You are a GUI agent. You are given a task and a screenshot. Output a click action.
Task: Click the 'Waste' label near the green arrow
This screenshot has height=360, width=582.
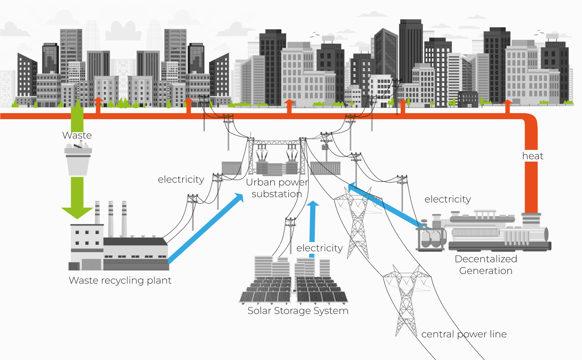coord(77,135)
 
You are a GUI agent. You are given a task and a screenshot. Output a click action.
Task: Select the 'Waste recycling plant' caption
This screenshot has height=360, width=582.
coord(120,280)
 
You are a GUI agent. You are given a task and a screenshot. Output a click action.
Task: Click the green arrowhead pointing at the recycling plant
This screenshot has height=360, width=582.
coord(77,212)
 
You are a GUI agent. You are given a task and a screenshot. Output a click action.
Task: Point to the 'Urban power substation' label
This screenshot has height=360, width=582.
coord(277,188)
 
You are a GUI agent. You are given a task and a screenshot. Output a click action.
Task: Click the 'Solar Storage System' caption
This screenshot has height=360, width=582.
coord(298,311)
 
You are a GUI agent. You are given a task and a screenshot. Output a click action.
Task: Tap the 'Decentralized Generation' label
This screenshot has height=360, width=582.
coord(486,265)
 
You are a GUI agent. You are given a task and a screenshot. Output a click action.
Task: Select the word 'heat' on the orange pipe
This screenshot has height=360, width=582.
coord(533,156)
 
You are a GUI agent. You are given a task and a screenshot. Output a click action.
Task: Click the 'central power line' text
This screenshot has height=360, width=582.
coord(464,334)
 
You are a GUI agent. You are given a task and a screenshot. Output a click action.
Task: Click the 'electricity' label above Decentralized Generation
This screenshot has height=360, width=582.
coord(447,199)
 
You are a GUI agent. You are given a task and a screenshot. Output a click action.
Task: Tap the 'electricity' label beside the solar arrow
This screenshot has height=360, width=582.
coord(319,248)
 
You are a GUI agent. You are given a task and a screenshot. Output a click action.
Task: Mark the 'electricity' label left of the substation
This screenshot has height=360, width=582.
coord(181,179)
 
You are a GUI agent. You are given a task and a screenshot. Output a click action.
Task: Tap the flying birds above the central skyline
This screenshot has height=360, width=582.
coord(315,35)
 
